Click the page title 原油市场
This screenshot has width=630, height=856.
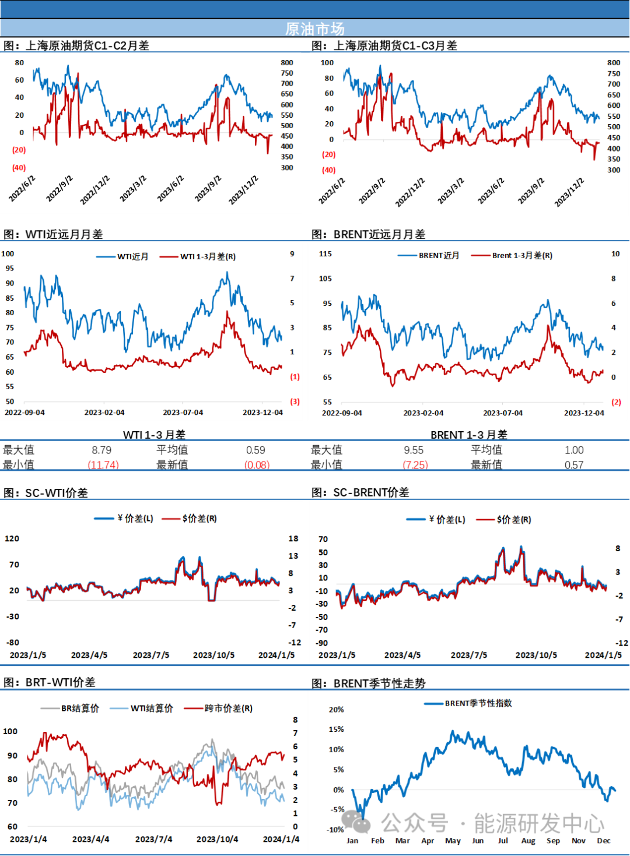coord(315,29)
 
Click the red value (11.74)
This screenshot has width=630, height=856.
coord(103,464)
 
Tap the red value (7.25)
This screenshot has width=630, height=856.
coord(416,464)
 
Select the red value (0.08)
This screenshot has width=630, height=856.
coord(257,464)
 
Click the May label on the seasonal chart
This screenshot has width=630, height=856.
coord(453,841)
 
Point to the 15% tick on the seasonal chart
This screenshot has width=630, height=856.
coord(336,729)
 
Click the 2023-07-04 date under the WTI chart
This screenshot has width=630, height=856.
coord(183,413)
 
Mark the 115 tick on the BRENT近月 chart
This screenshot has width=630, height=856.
coord(325,254)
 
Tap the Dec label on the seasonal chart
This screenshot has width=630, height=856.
coord(604,841)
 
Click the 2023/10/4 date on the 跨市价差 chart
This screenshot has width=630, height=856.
coord(217,839)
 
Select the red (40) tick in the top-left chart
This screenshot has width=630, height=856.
coord(19,168)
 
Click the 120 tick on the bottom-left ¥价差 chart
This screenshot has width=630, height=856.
coord(12,538)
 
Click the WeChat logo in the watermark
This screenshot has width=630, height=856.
coord(356,822)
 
